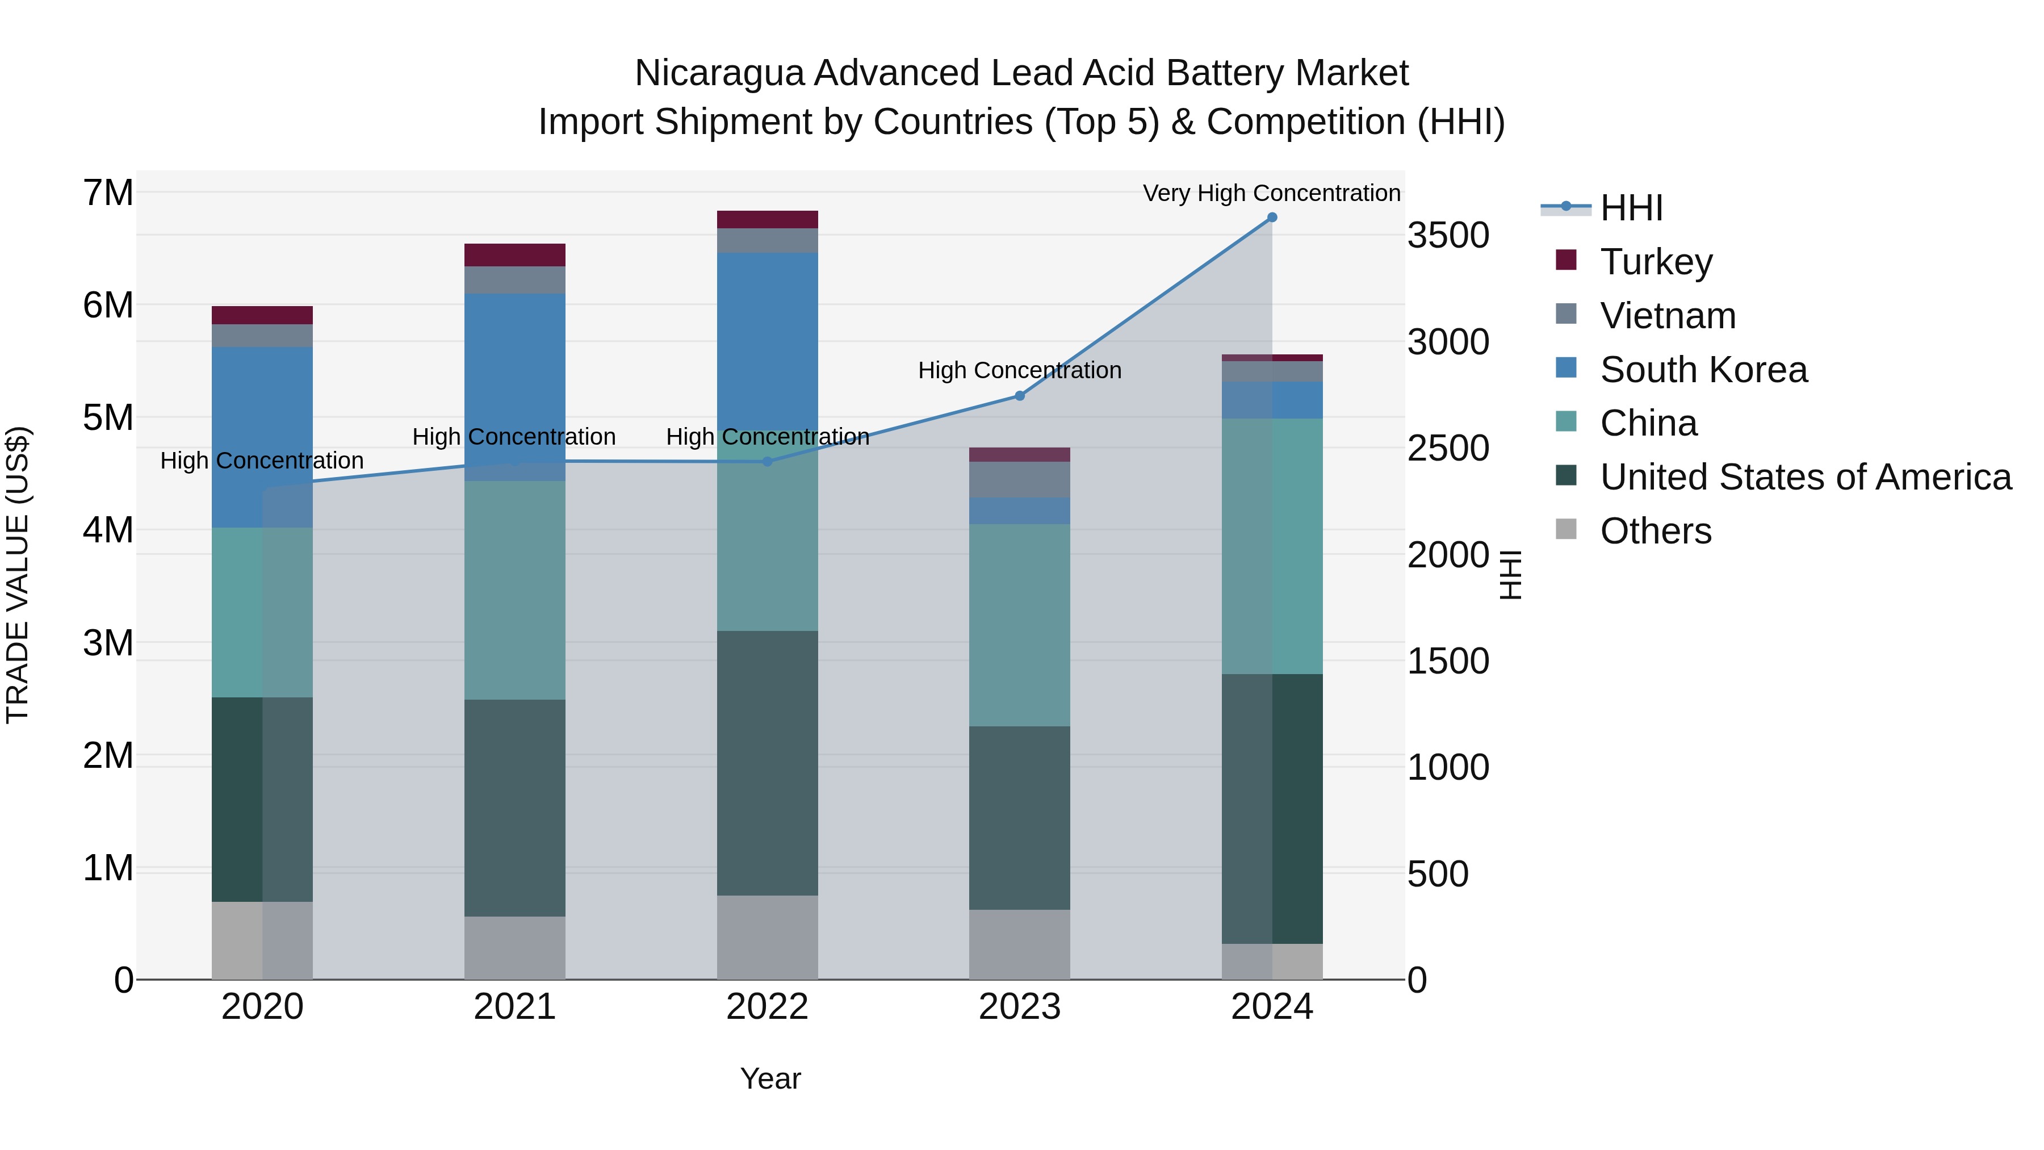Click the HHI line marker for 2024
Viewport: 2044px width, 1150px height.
pos(1272,218)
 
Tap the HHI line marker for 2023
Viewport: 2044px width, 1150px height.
pos(1020,396)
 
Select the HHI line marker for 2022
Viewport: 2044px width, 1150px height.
pos(767,462)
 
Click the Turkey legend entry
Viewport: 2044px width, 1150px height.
pos(1656,262)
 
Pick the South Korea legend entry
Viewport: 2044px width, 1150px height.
pos(1703,370)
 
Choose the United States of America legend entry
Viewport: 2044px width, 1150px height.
pos(1805,477)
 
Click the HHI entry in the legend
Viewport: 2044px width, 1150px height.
pos(1631,208)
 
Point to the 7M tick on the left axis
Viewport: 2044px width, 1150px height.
pos(108,193)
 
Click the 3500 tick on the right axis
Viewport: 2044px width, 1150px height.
pos(1448,236)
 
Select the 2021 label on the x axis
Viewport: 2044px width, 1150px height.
pos(515,1007)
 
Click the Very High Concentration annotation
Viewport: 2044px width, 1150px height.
pos(1271,193)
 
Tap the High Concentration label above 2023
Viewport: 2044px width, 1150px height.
pos(1020,371)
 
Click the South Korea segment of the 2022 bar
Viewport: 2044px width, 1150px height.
pos(767,341)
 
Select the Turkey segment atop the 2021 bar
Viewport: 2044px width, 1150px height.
pos(515,255)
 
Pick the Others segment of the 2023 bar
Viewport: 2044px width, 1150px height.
pos(1020,944)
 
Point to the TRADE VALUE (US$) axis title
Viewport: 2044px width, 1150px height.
pos(18,575)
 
